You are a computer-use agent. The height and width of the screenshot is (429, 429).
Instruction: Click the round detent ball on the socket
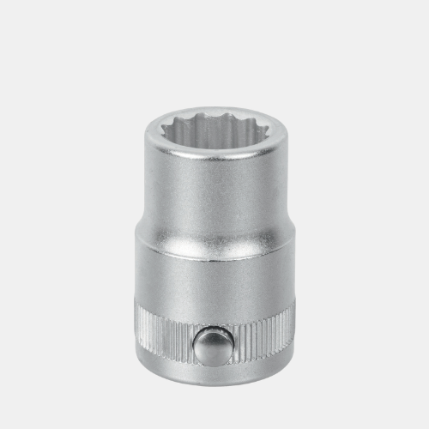click(x=211, y=346)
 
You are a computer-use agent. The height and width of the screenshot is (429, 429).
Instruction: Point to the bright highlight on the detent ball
click(x=207, y=339)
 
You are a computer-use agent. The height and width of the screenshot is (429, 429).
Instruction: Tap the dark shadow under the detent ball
click(x=212, y=361)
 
